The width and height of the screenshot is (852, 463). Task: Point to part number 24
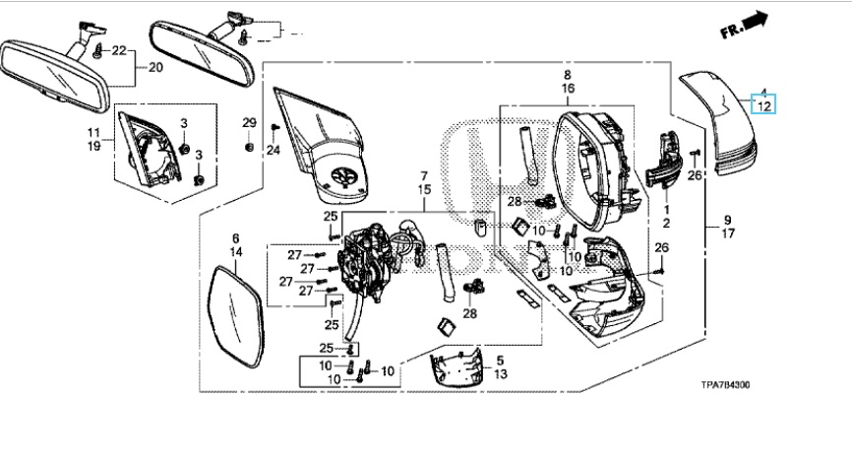[x=274, y=150]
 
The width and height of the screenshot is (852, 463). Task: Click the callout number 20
[x=155, y=68]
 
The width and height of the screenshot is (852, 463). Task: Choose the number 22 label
[x=119, y=50]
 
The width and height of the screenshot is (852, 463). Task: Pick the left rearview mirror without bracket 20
[x=49, y=74]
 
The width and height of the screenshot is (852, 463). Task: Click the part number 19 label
[x=93, y=145]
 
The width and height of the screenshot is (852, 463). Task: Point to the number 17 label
[x=728, y=234]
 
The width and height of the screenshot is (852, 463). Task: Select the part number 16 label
[x=568, y=88]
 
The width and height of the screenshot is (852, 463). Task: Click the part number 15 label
[x=424, y=188]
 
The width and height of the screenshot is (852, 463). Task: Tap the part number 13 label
[x=500, y=374]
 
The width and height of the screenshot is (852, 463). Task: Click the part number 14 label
[x=236, y=252]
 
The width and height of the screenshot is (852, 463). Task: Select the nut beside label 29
[x=250, y=148]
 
